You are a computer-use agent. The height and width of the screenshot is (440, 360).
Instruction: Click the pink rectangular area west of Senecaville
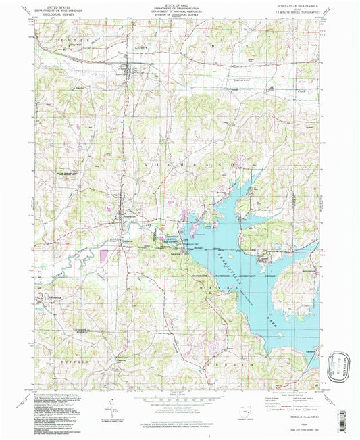coord(103,255)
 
